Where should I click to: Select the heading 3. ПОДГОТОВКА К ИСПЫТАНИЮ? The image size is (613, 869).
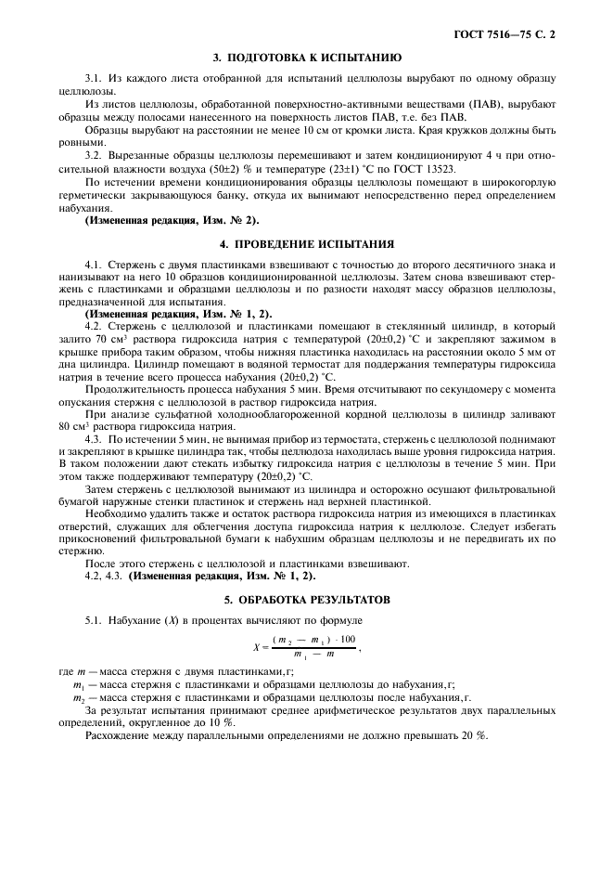pyautogui.click(x=306, y=58)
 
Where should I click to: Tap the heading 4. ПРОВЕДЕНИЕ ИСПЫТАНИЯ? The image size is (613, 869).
pyautogui.click(x=306, y=244)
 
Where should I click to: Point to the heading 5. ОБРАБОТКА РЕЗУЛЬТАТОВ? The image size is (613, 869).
pyautogui.click(x=306, y=599)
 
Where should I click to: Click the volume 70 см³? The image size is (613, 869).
pyautogui.click(x=123, y=340)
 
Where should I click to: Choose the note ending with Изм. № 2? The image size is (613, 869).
pyautogui.click(x=172, y=219)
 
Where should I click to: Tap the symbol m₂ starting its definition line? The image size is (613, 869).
pyautogui.click(x=78, y=696)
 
